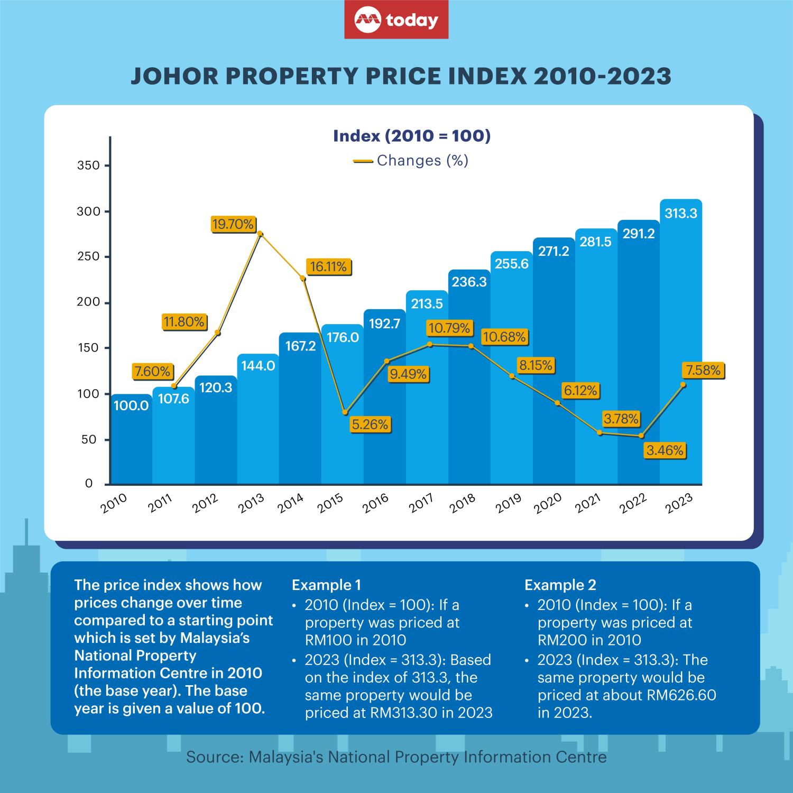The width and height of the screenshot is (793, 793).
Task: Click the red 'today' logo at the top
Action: pos(396,20)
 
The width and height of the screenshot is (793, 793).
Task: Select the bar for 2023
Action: pos(681,344)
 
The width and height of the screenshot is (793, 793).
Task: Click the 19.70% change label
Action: pos(233,224)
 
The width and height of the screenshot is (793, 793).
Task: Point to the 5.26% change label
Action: pos(370,424)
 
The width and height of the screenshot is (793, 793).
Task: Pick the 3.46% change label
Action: pos(665,450)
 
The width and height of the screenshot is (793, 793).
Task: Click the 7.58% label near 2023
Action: pos(703,370)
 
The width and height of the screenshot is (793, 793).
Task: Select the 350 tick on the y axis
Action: pos(88,165)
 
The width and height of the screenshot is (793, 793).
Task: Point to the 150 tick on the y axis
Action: pos(88,348)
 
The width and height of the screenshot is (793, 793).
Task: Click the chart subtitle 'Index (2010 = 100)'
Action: pos(412,136)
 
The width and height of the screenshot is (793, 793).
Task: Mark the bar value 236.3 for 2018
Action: pos(469,282)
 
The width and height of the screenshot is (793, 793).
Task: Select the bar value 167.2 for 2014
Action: pos(300,346)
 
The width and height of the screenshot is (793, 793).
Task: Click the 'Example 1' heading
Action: pos(326,585)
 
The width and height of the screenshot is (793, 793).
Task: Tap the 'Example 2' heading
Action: pos(560,585)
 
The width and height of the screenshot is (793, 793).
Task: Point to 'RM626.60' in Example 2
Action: pos(681,695)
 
